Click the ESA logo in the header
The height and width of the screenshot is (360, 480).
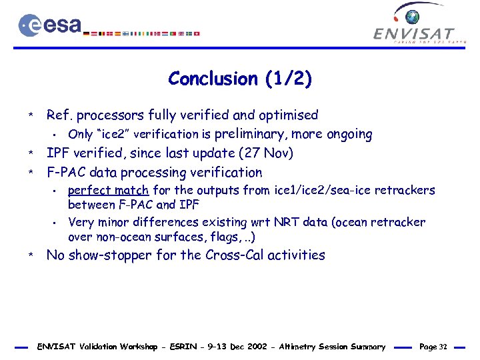50,25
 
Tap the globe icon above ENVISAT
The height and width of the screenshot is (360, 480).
413,16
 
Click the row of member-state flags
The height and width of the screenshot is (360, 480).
145,33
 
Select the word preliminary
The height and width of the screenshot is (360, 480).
251,134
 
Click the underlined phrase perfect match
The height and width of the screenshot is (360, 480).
109,191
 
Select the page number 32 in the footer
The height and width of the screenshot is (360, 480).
443,347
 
